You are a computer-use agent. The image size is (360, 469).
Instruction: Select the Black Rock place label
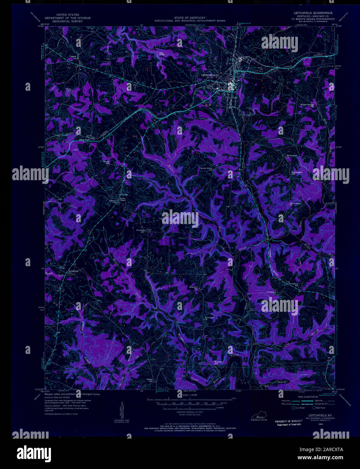pyautogui.click(x=85, y=139)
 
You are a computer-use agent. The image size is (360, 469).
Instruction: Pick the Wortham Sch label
pyautogui.click(x=219, y=363)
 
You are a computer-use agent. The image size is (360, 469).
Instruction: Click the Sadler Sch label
pyautogui.click(x=150, y=380)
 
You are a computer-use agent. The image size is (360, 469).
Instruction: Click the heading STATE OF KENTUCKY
pyautogui.click(x=190, y=18)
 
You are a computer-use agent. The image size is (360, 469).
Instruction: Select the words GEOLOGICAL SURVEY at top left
pyautogui.click(x=67, y=21)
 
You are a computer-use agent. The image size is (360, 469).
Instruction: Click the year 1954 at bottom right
pyautogui.click(x=315, y=425)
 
